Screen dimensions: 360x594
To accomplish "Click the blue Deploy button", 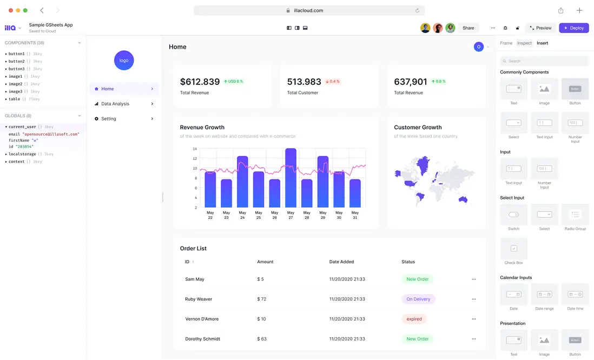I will [573, 28].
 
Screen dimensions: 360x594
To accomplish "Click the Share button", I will [468, 28].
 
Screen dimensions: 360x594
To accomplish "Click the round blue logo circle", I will [124, 61].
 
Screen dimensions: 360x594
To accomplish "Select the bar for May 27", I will [291, 178].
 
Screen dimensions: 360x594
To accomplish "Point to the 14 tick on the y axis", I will [195, 149].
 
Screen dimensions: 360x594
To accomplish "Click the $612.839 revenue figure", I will [200, 82].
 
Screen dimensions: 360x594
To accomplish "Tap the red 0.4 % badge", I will [332, 82].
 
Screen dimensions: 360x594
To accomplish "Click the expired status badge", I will [414, 319].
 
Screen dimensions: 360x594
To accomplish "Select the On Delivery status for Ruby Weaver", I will [418, 299].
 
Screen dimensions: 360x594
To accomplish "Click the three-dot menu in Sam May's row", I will [473, 279].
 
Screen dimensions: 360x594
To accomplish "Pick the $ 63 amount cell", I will [262, 339].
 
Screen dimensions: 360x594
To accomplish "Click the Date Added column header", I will [341, 262].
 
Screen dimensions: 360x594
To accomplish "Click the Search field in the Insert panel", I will [544, 61].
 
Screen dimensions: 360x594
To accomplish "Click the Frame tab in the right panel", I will [506, 43].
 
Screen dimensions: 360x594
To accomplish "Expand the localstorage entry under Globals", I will [6, 154].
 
